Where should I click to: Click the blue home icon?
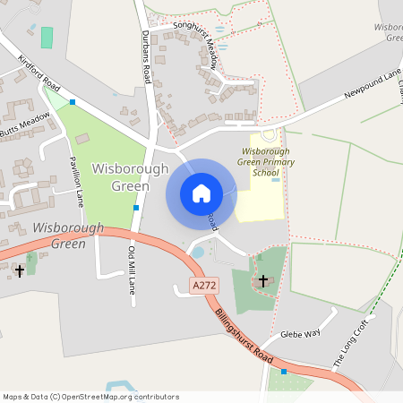tap(201, 193)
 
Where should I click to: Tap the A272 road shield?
tap(204, 286)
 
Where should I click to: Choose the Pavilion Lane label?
tap(76, 180)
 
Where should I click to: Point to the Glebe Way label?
tap(301, 332)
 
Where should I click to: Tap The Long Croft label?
tap(351, 349)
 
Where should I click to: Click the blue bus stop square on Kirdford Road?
tap(73, 102)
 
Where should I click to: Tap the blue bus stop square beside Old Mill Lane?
tap(136, 208)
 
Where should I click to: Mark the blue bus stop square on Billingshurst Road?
tap(284, 371)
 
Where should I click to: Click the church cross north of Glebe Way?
tap(263, 281)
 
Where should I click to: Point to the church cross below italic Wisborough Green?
tap(20, 270)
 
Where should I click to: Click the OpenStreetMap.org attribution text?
tap(91, 396)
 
